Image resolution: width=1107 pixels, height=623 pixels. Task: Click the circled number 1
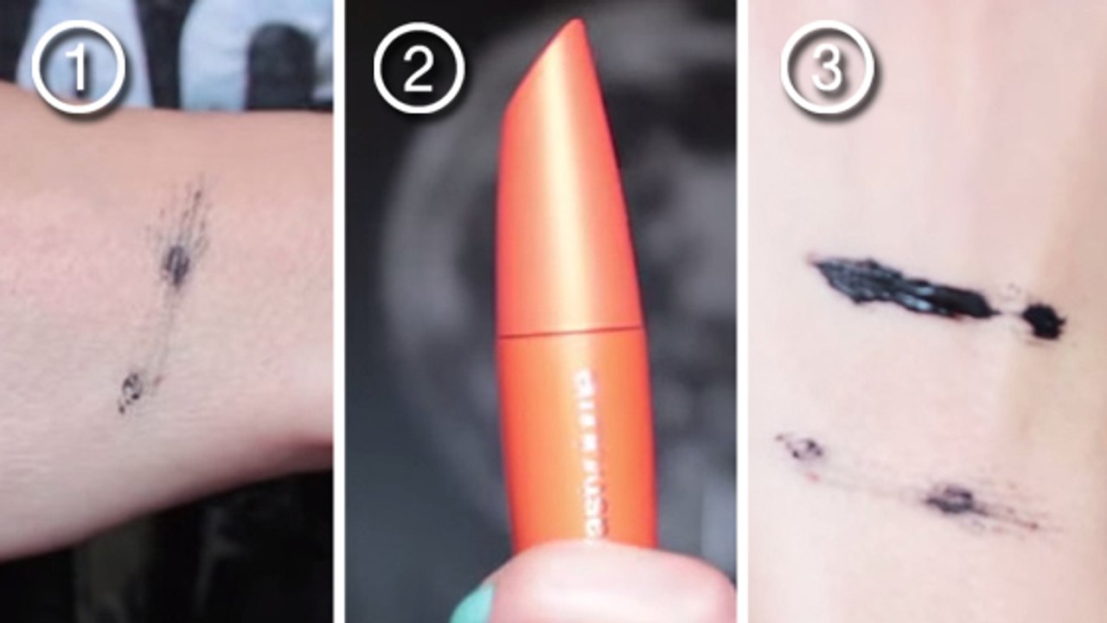[78, 67]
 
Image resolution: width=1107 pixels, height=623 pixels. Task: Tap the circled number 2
[419, 67]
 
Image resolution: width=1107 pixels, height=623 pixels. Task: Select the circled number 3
[827, 67]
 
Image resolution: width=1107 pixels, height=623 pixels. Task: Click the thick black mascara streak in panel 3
[899, 287]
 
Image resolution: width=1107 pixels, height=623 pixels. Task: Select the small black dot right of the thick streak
[1044, 320]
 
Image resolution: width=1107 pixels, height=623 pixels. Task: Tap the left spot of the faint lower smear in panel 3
[802, 446]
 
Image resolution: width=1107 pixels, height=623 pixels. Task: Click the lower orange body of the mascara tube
[575, 433]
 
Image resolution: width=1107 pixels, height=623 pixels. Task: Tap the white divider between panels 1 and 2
[339, 311]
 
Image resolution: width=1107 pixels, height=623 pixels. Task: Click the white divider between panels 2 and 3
[742, 311]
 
